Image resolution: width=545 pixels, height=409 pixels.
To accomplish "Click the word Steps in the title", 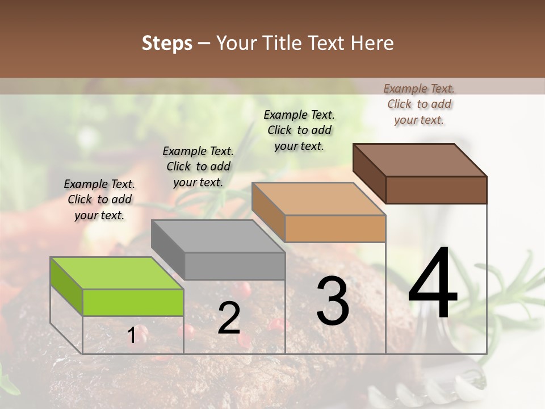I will click(167, 44).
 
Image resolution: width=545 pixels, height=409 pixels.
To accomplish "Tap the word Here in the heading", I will click(372, 44).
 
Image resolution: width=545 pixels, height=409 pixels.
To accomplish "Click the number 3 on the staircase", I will click(333, 301).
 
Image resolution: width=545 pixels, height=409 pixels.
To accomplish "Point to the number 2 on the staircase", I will click(229, 318).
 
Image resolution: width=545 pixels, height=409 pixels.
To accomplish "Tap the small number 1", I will click(132, 336).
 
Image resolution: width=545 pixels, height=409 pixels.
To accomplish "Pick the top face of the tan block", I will click(318, 199).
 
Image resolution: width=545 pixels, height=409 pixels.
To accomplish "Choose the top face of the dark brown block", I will click(420, 160).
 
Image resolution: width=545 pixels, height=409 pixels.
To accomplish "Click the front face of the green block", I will click(133, 302).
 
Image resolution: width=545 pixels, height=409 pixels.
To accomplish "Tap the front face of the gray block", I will click(234, 266).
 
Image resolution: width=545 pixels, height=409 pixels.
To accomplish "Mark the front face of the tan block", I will click(335, 228).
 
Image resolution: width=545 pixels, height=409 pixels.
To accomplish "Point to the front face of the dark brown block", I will click(436, 190).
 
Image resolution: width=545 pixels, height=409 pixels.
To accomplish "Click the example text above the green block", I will click(99, 199).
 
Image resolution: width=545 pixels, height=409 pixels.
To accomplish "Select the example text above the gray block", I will click(198, 166).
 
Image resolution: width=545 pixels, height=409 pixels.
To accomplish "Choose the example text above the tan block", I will click(299, 130).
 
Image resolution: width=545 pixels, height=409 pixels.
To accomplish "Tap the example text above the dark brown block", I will click(419, 104).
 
